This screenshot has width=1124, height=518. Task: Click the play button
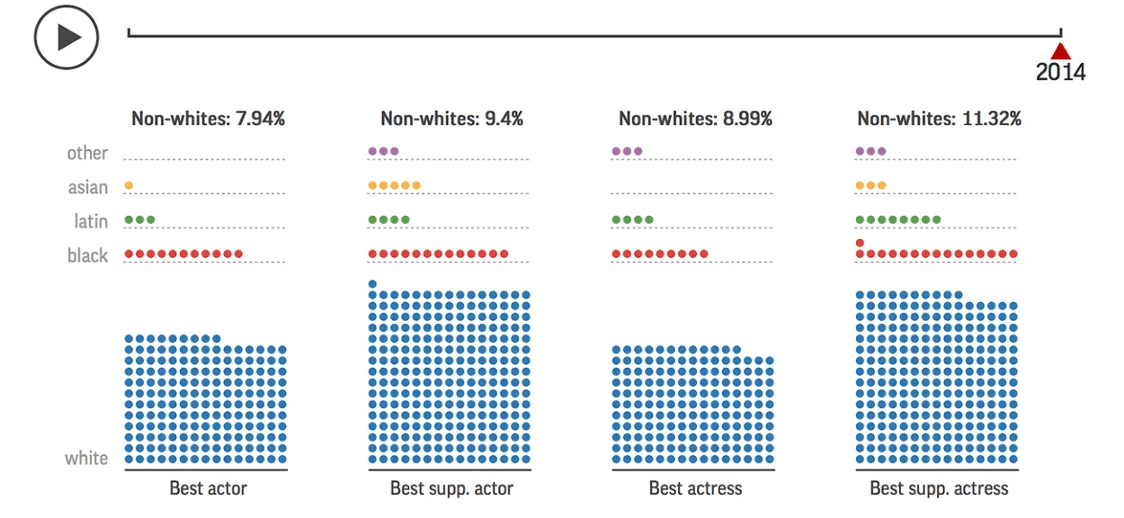[67, 37]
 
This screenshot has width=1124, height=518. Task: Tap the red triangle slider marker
[1061, 51]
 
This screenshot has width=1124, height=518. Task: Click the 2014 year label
[1061, 72]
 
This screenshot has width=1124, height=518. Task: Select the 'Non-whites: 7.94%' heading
[209, 119]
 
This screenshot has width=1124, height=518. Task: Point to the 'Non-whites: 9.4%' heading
[451, 119]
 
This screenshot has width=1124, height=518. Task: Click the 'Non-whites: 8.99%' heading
[695, 119]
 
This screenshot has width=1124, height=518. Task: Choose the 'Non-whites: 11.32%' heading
[940, 119]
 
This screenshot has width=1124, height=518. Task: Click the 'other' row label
[87, 153]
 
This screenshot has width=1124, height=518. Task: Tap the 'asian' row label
[88, 187]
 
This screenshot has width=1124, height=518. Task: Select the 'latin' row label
[91, 221]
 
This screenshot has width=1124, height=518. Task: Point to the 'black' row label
[87, 255]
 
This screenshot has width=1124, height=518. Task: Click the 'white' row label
[86, 459]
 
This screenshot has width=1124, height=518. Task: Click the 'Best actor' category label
[209, 488]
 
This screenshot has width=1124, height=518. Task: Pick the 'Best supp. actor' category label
[451, 488]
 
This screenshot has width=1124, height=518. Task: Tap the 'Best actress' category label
[695, 488]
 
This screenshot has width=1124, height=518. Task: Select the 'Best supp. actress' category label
[940, 488]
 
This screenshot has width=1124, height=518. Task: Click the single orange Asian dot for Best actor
[129, 185]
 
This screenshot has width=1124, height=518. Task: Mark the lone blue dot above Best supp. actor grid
[372, 284]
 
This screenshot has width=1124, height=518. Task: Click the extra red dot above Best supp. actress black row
[860, 243]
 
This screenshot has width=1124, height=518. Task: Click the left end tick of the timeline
[129, 32]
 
